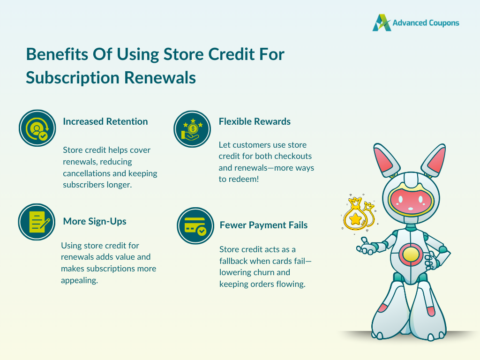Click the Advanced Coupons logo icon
coord(382,22)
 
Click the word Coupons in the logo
coord(444,23)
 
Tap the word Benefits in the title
coord(57,54)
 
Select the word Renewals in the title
coord(160,78)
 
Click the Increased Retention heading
coord(105,121)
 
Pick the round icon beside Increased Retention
coord(37,128)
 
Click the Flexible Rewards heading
coord(255,121)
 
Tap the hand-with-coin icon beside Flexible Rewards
coord(192,129)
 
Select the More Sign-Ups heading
coord(95,221)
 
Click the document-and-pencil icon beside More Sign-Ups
coord(37,222)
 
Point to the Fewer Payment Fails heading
coord(263,225)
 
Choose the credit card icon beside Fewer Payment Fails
coord(195,226)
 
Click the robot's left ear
coord(386,160)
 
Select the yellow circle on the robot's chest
coord(411,255)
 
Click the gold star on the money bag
coord(355,219)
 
